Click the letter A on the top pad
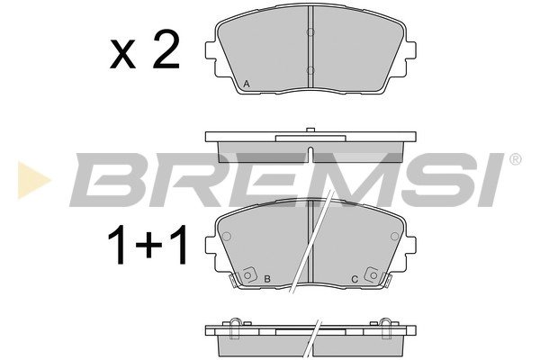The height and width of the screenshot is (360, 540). (247, 85)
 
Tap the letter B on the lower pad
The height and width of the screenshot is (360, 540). (267, 280)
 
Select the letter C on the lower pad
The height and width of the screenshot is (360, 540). (355, 280)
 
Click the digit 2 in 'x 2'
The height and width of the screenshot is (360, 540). (165, 53)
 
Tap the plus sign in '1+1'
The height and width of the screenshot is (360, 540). (145, 247)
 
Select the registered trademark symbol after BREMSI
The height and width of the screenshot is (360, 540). (515, 160)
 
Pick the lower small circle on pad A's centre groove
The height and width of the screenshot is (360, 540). (310, 70)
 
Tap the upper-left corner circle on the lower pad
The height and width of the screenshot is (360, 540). (227, 237)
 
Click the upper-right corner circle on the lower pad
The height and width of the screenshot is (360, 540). (394, 237)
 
